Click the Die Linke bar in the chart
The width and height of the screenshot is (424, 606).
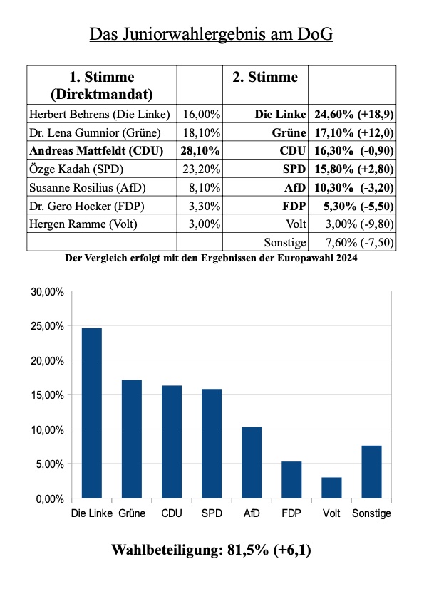(92, 413)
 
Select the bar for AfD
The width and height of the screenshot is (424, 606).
(252, 463)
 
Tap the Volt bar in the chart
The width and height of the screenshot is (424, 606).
(331, 488)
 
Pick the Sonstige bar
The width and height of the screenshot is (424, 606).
(371, 472)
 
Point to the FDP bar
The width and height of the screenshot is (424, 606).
(291, 480)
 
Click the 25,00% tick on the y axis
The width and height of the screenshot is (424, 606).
(47, 326)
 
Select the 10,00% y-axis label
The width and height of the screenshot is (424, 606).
(47, 430)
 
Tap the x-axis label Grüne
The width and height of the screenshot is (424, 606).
(132, 513)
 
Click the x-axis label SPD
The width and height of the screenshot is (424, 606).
(212, 513)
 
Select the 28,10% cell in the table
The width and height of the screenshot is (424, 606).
(200, 150)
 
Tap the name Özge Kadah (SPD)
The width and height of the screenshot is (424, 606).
(76, 169)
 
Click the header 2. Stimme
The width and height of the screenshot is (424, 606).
(265, 77)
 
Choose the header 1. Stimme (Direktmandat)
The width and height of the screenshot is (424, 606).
(102, 85)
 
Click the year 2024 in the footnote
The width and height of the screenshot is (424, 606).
(346, 258)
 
